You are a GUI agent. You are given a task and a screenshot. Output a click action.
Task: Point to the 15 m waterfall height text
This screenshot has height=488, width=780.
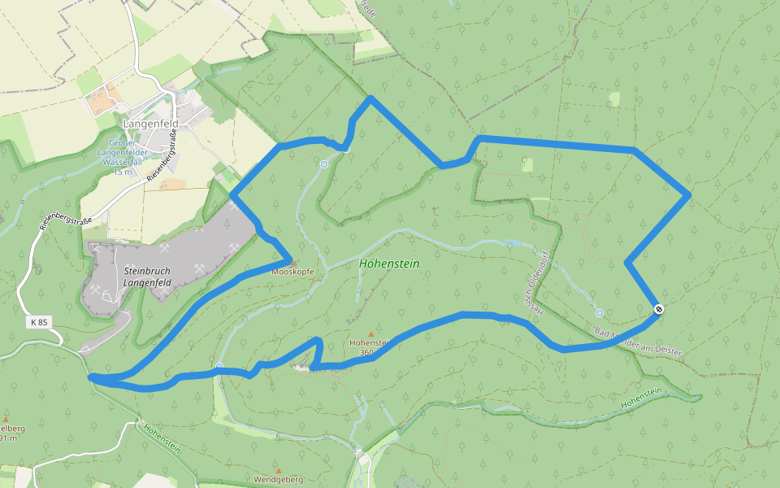click(x=122, y=172)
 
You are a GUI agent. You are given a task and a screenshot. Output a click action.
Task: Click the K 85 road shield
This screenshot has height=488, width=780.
click(x=39, y=322)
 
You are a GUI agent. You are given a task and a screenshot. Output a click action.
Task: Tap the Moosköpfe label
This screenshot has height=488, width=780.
click(x=293, y=272)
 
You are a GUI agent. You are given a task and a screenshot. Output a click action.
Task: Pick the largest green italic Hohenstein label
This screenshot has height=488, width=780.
click(x=389, y=264)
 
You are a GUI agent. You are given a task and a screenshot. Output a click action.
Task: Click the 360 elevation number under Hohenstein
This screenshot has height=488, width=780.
click(x=366, y=352)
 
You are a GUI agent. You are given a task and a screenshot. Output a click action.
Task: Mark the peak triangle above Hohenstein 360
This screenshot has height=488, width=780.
click(x=371, y=334)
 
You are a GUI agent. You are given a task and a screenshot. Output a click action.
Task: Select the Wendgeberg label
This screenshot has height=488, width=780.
click(x=278, y=480)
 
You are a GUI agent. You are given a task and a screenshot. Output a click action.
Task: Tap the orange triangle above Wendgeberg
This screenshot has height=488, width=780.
click(x=278, y=470)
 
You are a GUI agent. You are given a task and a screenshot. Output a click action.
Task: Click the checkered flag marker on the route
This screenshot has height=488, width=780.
click(x=659, y=308)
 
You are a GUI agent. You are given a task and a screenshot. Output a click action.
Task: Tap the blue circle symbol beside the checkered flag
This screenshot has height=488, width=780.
click(x=599, y=313)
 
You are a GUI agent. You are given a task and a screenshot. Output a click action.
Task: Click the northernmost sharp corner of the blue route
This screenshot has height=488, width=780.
click(x=370, y=98)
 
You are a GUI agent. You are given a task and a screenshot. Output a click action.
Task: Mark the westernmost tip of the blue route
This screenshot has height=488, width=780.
click(x=90, y=377)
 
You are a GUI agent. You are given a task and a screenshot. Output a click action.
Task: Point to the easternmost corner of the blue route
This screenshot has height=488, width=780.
click(x=690, y=194)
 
